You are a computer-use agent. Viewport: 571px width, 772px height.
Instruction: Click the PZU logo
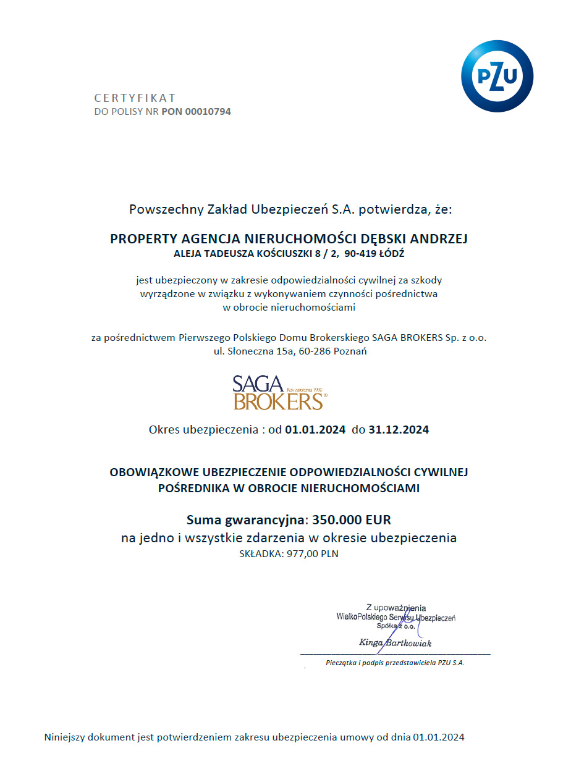pos(497,76)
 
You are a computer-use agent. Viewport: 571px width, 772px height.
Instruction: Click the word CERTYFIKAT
pos(135,98)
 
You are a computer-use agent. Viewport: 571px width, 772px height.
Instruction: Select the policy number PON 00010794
pos(196,112)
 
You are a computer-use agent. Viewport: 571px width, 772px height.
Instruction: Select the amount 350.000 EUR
pos(352,519)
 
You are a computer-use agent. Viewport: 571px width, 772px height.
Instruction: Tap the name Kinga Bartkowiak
pos(395,643)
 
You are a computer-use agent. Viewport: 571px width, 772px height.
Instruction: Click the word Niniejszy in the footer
pos(67,737)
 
